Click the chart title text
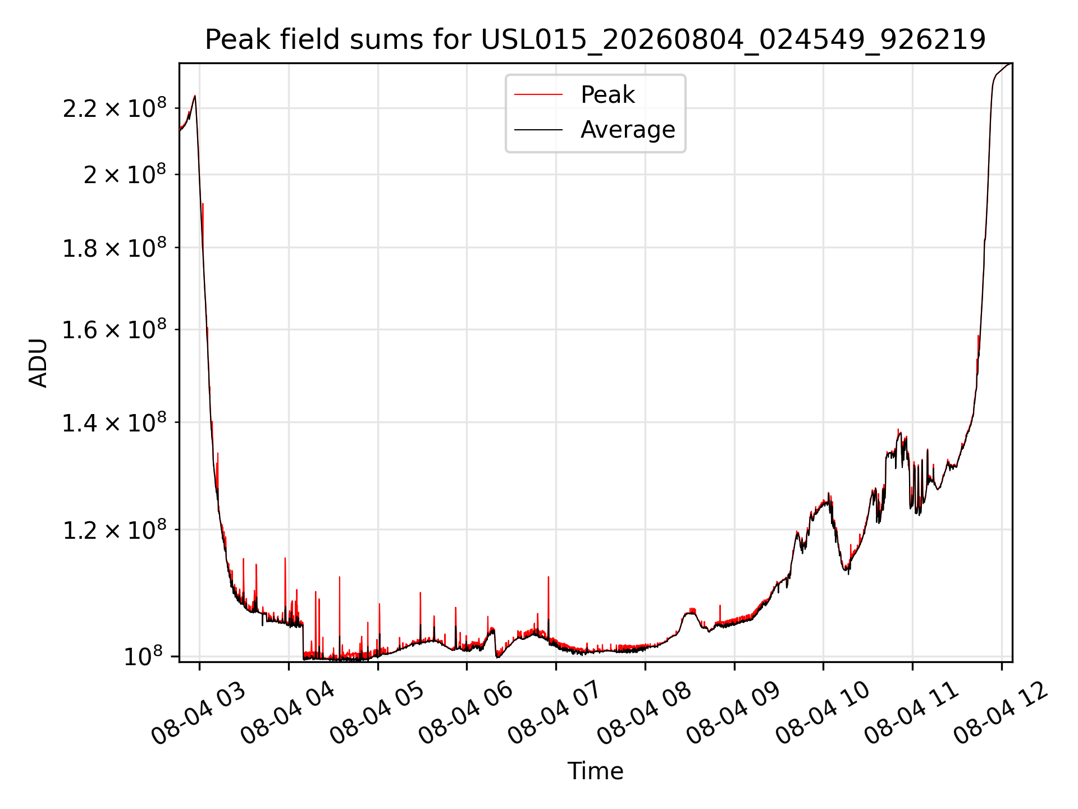595,40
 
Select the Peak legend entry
607,95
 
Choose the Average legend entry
628,130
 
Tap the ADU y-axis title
38,363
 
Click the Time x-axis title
595,771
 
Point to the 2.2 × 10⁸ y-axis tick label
115,107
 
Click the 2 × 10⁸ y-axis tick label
125,174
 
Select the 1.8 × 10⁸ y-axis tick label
115,247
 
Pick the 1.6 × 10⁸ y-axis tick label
115,329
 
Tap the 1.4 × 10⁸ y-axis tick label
115,422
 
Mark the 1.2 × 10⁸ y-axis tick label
115,529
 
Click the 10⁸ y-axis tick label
143,656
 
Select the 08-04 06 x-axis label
465,712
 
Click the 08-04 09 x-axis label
733,712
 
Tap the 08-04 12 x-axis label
1001,712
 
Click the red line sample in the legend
538,95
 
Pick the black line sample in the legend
538,130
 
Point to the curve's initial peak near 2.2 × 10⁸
195,96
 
